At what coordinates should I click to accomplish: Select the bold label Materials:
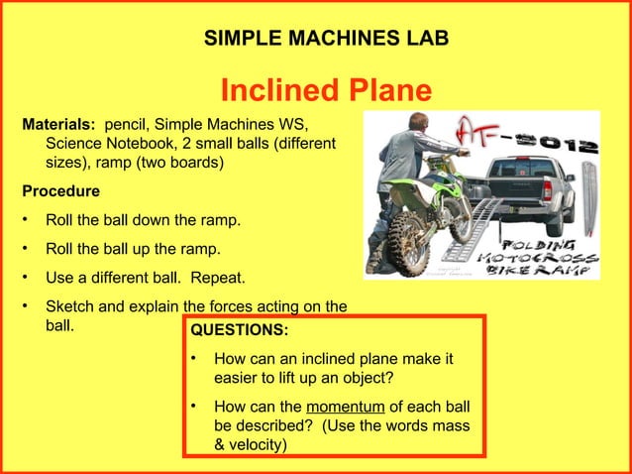[58, 126]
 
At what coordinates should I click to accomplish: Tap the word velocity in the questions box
[254, 445]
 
